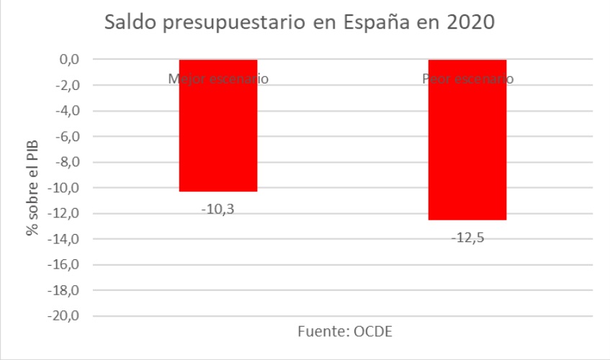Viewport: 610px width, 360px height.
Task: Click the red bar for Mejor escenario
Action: point(218,130)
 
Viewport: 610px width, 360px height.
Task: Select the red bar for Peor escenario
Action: point(467,144)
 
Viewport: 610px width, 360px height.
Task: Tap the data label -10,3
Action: point(218,210)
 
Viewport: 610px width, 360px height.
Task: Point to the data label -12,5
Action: point(467,238)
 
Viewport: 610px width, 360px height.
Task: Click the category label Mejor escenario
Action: point(218,78)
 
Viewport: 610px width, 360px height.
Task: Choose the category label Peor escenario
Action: point(467,78)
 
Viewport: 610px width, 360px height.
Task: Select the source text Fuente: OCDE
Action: point(345,332)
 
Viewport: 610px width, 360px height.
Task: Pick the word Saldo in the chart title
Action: point(130,22)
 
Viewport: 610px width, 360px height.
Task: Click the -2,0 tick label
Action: point(66,86)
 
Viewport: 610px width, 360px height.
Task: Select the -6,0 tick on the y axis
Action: point(66,137)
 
